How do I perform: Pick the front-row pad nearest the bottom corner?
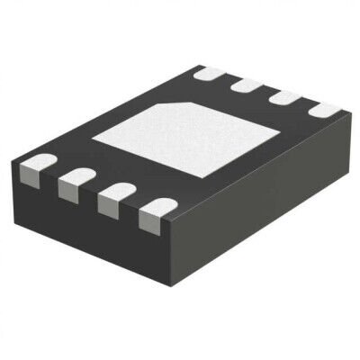click(x=155, y=209)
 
